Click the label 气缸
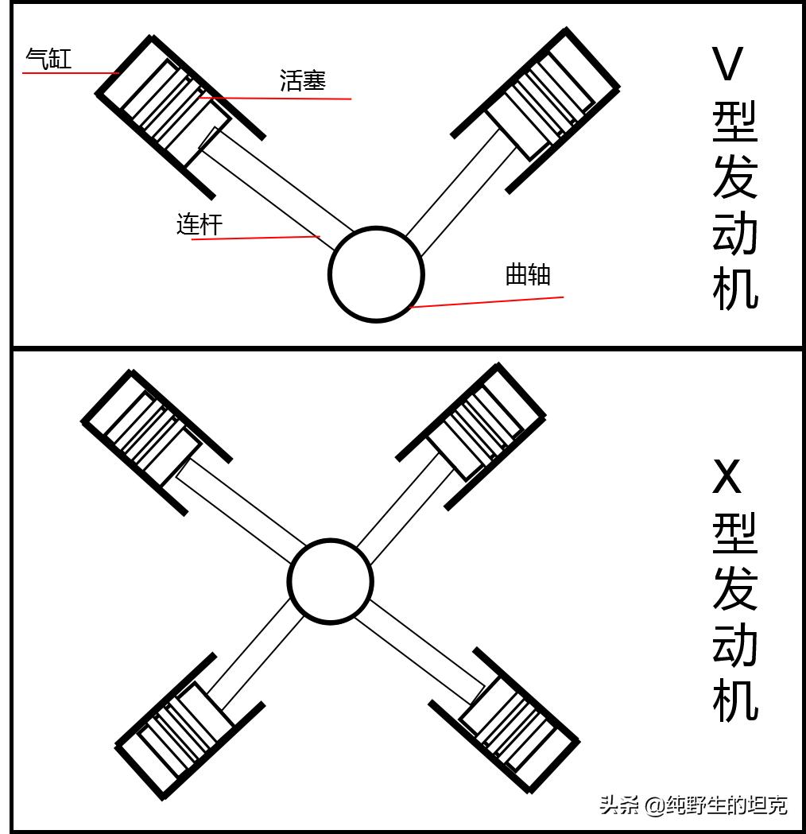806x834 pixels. coord(48,58)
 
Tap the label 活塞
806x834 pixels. coord(303,80)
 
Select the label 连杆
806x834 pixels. coord(199,224)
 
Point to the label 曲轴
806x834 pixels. coord(528,274)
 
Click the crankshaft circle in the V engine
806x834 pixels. coord(376,274)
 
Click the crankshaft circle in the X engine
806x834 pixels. coord(330,581)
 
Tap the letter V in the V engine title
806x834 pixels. coord(727,64)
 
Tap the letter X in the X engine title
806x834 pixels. coord(727,477)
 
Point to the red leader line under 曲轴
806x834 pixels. coord(486,302)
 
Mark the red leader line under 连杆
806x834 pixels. coord(254,238)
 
